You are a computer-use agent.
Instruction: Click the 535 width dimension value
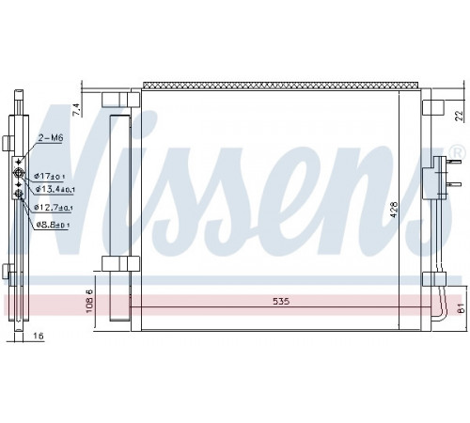[281, 302]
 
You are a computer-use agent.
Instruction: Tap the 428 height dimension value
[394, 210]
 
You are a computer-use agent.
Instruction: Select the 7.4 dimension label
[77, 110]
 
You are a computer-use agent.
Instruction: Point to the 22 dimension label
[459, 116]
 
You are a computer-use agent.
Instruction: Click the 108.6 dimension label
[89, 301]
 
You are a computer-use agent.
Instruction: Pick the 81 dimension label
[461, 308]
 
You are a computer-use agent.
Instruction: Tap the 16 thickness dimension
[38, 337]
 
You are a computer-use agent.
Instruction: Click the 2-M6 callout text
[51, 137]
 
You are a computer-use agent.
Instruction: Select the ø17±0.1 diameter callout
[50, 176]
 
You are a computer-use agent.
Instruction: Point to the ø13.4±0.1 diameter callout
[55, 189]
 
